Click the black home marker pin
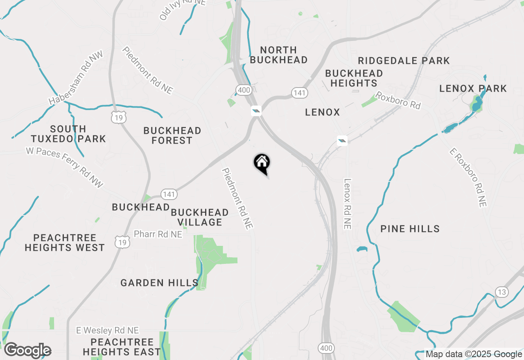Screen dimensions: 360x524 click(x=262, y=163)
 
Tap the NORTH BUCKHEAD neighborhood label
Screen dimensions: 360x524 click(x=278, y=55)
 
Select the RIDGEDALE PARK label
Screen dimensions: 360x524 click(x=404, y=61)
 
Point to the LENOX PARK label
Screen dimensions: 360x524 click(x=473, y=88)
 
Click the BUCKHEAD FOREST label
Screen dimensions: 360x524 click(x=172, y=135)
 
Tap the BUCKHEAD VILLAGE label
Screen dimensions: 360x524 click(x=200, y=217)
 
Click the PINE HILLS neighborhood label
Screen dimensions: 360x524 click(x=410, y=229)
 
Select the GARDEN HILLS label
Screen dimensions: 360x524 click(x=159, y=283)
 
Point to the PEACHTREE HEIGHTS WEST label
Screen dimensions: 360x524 click(x=65, y=243)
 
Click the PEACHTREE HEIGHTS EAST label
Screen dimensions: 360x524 click(x=122, y=347)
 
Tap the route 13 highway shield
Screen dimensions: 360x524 click(x=502, y=292)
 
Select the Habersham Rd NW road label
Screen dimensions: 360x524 click(x=76, y=78)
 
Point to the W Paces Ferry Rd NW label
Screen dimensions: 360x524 click(x=65, y=168)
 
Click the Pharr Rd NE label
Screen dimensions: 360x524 click(x=158, y=234)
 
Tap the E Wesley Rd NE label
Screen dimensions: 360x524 click(x=108, y=330)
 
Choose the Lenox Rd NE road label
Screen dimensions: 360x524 click(x=348, y=203)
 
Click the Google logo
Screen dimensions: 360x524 click(x=27, y=351)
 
